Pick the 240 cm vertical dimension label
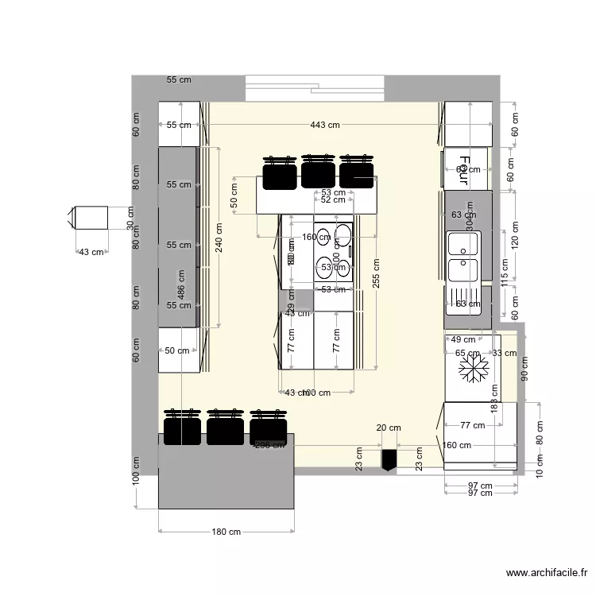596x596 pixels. [219, 237]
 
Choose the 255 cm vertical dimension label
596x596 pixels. [376, 276]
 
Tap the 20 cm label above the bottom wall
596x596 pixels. [388, 428]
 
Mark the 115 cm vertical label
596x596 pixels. [504, 273]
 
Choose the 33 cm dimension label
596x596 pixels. [503, 353]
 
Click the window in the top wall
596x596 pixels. [315, 87]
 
